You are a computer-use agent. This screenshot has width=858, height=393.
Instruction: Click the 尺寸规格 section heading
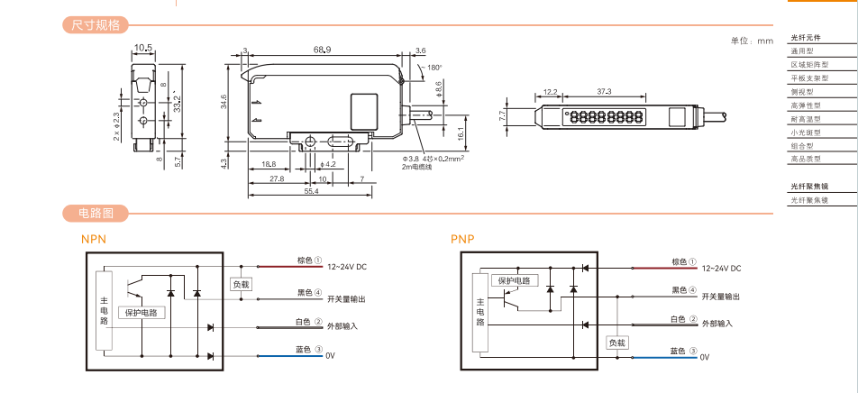pyautogui.click(x=96, y=24)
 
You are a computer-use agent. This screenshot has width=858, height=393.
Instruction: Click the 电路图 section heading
pyautogui.click(x=96, y=214)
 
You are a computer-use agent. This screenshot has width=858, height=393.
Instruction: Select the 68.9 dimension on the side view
pyautogui.click(x=322, y=50)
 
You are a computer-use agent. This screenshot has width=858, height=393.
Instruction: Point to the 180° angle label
pyautogui.click(x=434, y=68)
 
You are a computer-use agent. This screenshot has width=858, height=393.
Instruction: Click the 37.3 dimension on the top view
pyautogui.click(x=604, y=92)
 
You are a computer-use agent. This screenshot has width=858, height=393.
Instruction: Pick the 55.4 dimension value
pyautogui.click(x=310, y=192)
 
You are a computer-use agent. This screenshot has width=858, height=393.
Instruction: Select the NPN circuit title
pyautogui.click(x=95, y=240)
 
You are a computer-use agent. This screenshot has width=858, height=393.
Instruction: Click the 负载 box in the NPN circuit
pyautogui.click(x=241, y=284)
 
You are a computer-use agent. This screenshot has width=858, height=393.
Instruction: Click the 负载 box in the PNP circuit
pyautogui.click(x=616, y=343)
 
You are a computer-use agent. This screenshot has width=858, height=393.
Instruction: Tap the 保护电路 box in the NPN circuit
pyautogui.click(x=141, y=313)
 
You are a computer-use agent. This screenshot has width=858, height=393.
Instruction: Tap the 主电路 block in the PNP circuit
pyautogui.click(x=479, y=312)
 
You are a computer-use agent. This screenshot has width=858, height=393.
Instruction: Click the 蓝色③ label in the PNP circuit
pyautogui.click(x=685, y=351)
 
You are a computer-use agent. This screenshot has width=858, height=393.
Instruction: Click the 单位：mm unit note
pyautogui.click(x=752, y=41)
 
